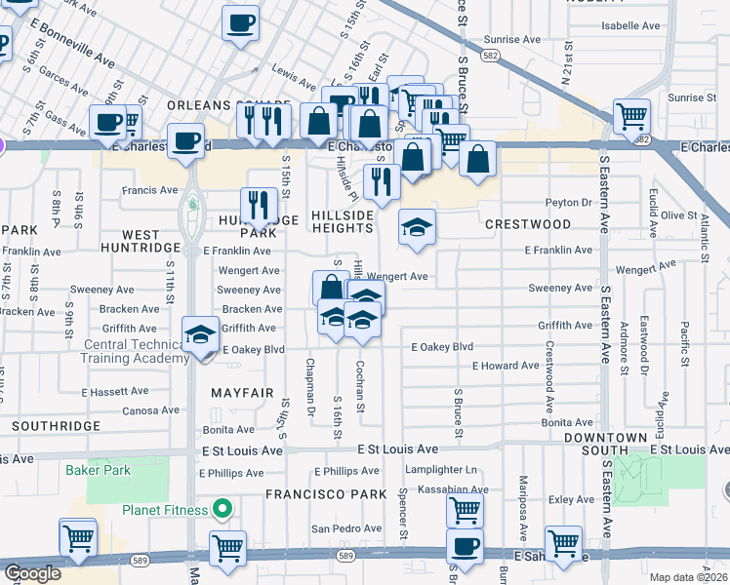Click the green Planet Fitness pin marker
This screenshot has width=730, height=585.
pos(223,509)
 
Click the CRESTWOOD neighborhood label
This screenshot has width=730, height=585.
pos(528,224)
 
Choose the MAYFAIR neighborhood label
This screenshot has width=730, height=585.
pos(242,393)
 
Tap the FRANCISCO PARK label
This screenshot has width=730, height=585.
pos(327,494)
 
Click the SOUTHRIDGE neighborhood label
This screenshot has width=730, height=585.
pos(57,426)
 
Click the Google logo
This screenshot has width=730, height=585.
pos(31,573)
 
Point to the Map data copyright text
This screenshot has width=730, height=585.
pos(688,577)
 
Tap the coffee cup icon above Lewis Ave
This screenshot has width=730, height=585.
pos(240,23)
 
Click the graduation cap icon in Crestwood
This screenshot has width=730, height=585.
pos(417,227)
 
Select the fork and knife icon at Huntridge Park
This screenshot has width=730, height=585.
pos(259,204)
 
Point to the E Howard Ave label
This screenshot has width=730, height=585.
pos(506,366)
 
